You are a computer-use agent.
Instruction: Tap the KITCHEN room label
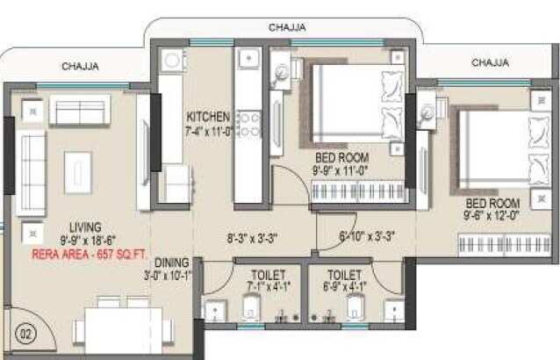point(208,118)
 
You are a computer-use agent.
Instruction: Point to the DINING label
point(171,263)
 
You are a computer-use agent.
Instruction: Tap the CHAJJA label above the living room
point(80,66)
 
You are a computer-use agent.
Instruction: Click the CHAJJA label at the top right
point(490,62)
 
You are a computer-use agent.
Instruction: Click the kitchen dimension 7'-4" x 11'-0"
point(209,132)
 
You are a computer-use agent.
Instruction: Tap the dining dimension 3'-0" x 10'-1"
point(171,276)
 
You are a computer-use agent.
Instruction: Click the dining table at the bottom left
point(117,330)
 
